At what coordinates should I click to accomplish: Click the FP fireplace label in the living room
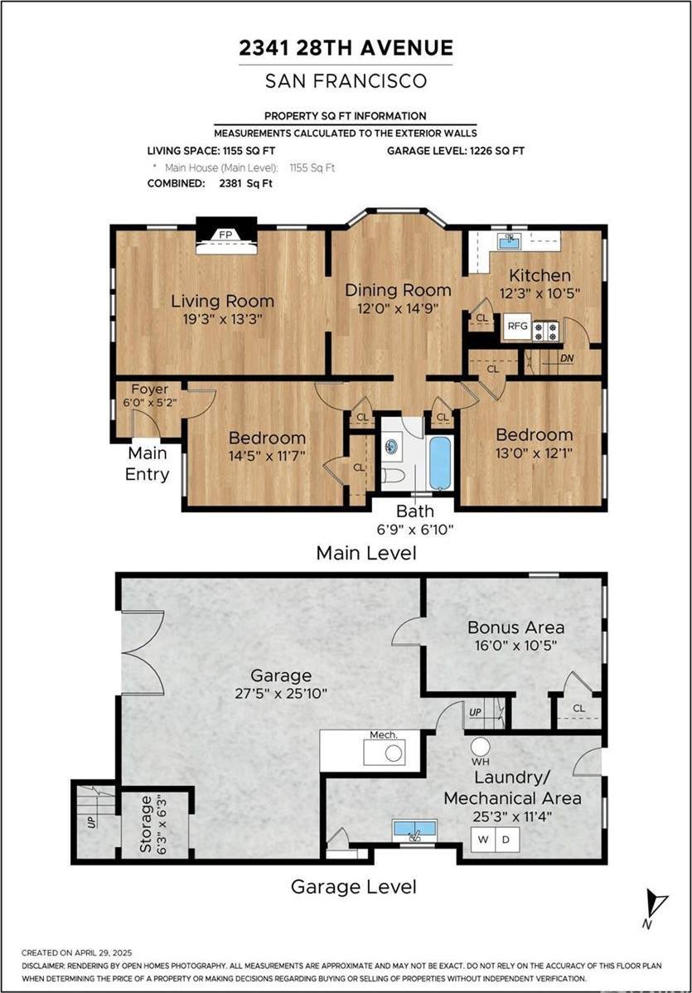pyautogui.click(x=225, y=235)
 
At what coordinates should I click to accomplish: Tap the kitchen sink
pyautogui.click(x=509, y=241)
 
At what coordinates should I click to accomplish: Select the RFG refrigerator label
pyautogui.click(x=517, y=326)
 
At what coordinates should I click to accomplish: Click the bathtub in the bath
pyautogui.click(x=440, y=463)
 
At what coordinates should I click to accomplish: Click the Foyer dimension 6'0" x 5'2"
pyautogui.click(x=148, y=404)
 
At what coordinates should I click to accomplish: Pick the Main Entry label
pyautogui.click(x=148, y=464)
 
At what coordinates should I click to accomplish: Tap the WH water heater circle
pyautogui.click(x=481, y=746)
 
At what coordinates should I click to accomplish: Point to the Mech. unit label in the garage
pyautogui.click(x=384, y=734)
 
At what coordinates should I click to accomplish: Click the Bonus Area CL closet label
pyautogui.click(x=578, y=710)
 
